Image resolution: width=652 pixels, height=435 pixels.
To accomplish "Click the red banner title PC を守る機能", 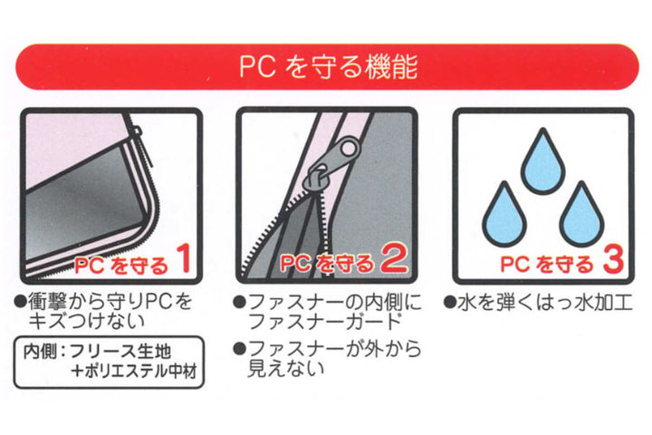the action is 329,66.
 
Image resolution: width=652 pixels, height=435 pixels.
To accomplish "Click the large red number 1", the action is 184,259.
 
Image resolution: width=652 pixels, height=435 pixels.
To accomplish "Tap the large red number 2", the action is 394,259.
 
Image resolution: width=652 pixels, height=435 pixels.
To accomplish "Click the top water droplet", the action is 542,162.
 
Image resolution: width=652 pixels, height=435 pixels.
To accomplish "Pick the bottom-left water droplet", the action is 504,216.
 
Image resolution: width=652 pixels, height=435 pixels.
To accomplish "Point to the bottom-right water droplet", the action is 581,216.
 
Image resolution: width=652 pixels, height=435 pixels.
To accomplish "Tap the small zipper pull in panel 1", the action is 137,131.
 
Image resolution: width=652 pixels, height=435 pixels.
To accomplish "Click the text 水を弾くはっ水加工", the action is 545,303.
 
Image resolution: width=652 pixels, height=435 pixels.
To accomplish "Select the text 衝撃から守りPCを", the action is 110,302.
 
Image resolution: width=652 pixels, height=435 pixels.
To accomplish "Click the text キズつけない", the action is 87,322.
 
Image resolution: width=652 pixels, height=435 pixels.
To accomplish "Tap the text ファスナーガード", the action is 324,322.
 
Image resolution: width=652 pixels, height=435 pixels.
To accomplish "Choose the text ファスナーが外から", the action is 335,349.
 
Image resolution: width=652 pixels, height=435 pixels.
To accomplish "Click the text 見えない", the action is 285,368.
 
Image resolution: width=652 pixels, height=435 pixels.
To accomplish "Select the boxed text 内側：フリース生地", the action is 97,352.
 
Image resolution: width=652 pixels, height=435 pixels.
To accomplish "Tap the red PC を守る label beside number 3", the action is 547,265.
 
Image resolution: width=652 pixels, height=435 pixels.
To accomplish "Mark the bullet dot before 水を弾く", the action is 450,302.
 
